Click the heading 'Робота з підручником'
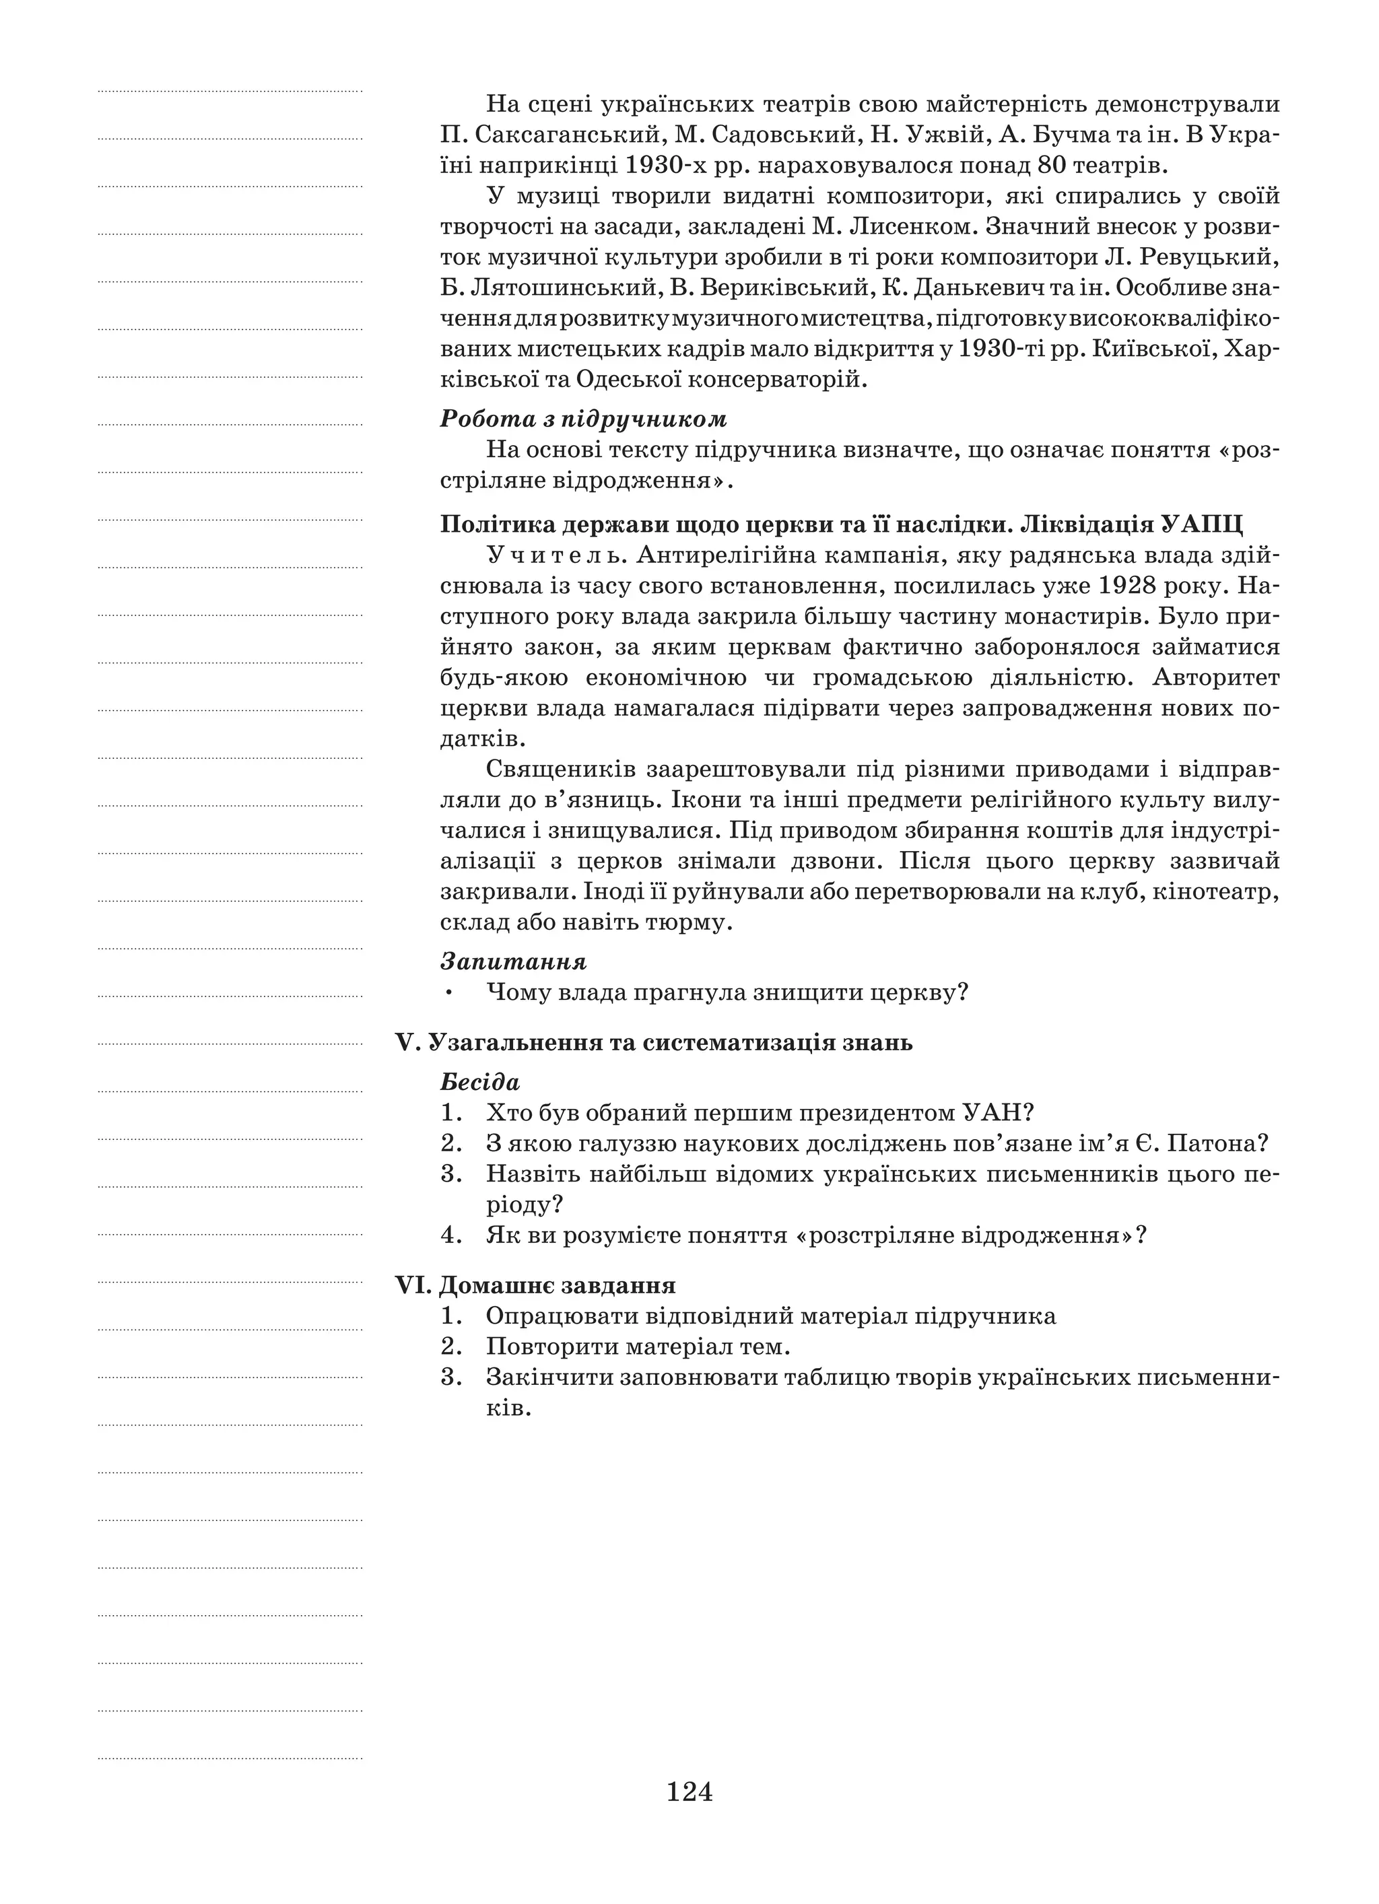(x=583, y=418)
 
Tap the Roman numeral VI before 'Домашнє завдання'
(x=412, y=1285)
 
